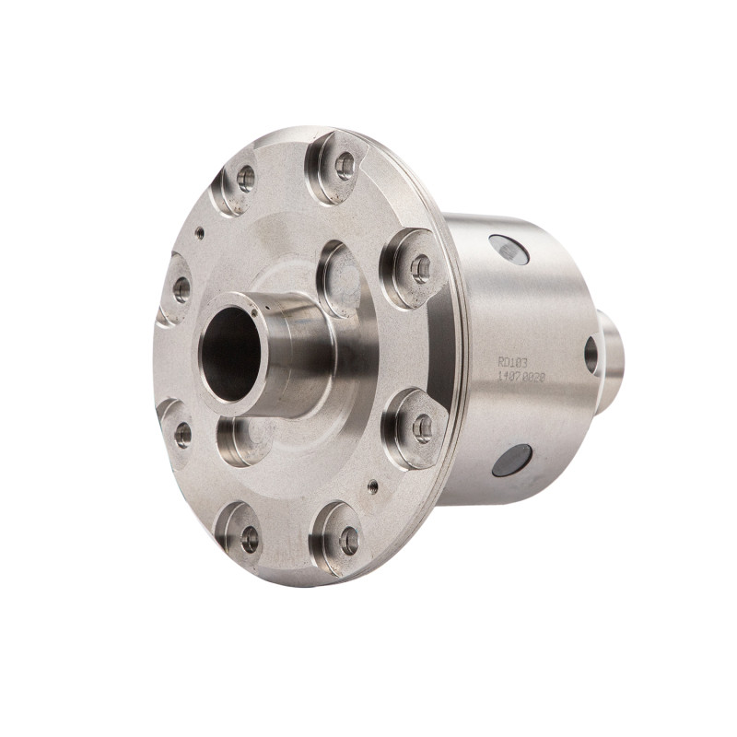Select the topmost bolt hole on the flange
345,166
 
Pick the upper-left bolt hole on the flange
246,178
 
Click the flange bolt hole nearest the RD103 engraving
422,427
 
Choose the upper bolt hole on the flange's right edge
420,268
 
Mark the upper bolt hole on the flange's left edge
181,288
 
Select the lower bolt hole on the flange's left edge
182,434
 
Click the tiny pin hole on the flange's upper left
200,233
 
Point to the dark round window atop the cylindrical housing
509,250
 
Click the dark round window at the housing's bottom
512,460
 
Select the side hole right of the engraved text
591,355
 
